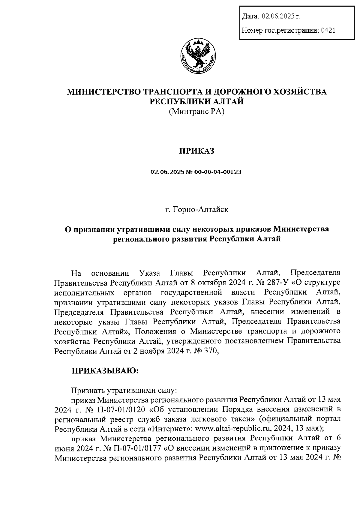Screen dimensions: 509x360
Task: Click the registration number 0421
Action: [x=328, y=30]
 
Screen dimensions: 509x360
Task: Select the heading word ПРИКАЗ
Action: [x=197, y=151]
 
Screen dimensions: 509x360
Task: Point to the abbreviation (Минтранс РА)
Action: [x=197, y=112]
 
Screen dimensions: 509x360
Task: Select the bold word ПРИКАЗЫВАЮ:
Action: [x=104, y=371]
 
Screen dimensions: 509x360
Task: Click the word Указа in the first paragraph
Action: [x=150, y=273]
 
